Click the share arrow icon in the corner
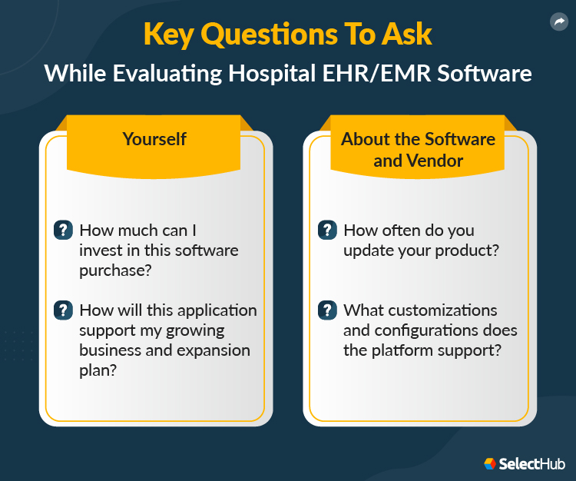coord(558,22)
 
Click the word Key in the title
coord(168,35)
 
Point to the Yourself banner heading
coord(154,139)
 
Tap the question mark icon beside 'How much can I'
coord(63,230)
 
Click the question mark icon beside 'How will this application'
coord(63,310)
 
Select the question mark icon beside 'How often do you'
coord(327,230)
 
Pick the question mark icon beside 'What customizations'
coord(327,310)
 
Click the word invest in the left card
coord(101,250)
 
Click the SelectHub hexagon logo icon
coord(490,464)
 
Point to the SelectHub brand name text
coord(532,464)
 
